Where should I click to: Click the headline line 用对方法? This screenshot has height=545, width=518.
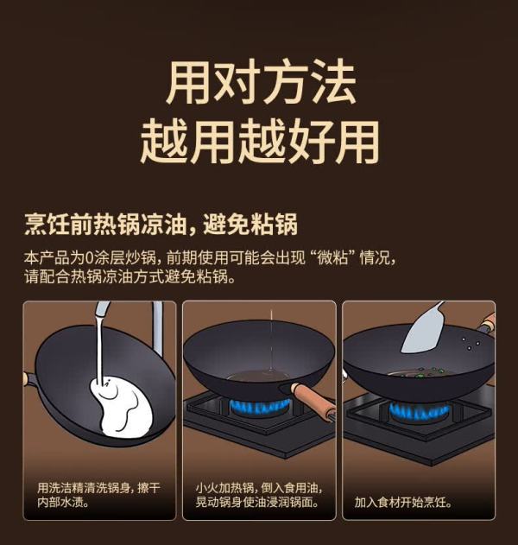pyautogui.click(x=262, y=82)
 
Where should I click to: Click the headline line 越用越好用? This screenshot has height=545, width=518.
pyautogui.click(x=259, y=142)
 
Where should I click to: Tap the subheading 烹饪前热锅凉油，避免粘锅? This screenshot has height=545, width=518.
pyautogui.click(x=161, y=225)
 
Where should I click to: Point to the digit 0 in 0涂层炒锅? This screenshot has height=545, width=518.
pyautogui.click(x=89, y=258)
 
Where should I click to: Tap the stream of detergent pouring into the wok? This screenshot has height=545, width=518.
pyautogui.click(x=100, y=347)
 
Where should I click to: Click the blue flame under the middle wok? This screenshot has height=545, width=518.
pyautogui.click(x=260, y=407)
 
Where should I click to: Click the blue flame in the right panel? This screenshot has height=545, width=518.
pyautogui.click(x=419, y=411)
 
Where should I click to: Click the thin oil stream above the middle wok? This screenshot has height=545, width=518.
pyautogui.click(x=271, y=340)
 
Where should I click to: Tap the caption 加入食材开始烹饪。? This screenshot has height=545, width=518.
pyautogui.click(x=403, y=503)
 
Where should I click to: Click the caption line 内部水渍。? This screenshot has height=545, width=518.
pyautogui.click(x=63, y=503)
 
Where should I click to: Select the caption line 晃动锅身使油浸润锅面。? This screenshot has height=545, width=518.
pyautogui.click(x=257, y=503)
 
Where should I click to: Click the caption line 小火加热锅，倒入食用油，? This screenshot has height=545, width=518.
pyautogui.click(x=259, y=488)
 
